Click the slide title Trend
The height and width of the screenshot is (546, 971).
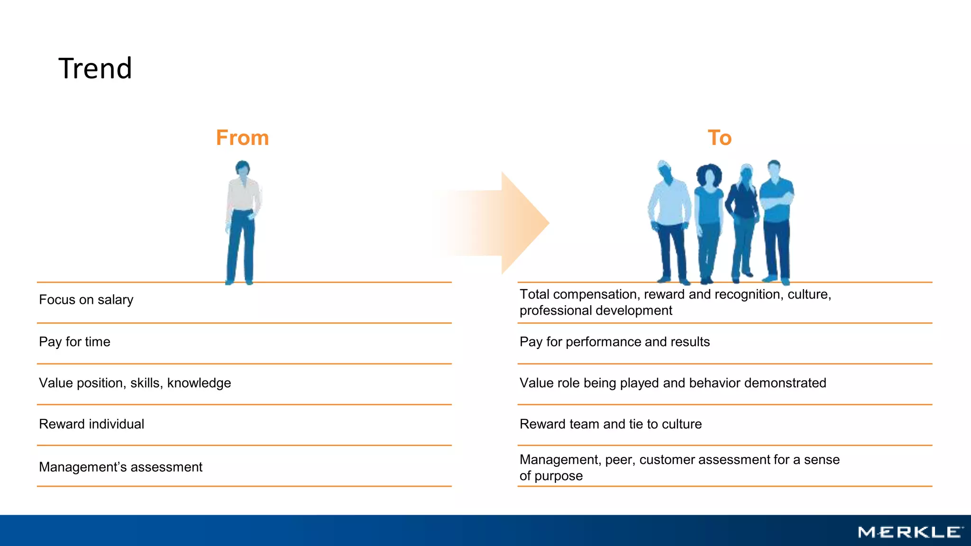coord(95,68)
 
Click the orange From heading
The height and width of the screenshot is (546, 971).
coord(242,138)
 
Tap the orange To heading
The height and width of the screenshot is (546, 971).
coord(719,138)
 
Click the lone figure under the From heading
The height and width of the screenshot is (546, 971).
coord(243,223)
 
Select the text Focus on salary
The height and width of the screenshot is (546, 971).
coord(86,300)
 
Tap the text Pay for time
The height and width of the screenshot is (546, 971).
coord(74,342)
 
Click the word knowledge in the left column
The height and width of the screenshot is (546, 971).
coord(199,383)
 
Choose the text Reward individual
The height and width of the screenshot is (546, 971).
coord(92,424)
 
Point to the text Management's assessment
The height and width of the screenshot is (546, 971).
coord(120,467)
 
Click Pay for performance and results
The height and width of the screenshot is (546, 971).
coord(614,342)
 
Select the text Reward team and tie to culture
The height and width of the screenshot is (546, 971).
coord(610,424)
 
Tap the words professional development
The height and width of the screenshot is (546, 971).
coord(595,311)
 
